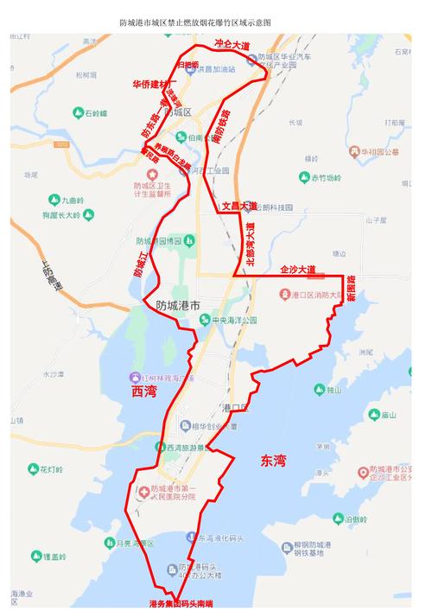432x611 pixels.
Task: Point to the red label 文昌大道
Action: [238, 207]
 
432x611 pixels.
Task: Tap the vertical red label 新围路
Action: [351, 289]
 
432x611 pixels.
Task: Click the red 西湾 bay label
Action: [145, 391]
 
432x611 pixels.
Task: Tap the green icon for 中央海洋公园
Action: [205, 321]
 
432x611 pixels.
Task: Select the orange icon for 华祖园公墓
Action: [354, 152]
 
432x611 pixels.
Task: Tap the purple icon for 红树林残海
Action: [135, 378]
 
